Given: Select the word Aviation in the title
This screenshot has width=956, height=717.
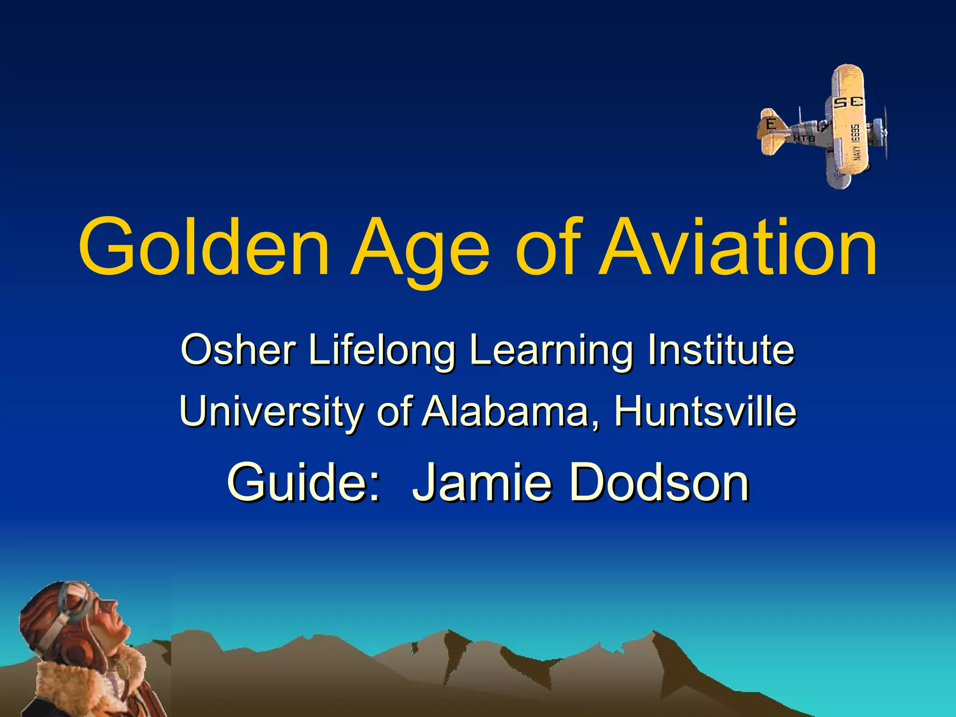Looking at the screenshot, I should (x=738, y=247).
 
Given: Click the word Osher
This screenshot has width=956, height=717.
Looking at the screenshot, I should (x=239, y=350).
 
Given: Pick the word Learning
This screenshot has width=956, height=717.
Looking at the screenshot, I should (x=551, y=351).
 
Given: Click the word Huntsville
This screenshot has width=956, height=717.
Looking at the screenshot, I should (x=705, y=411).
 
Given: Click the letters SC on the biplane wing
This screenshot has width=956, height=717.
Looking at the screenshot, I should (x=848, y=103).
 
